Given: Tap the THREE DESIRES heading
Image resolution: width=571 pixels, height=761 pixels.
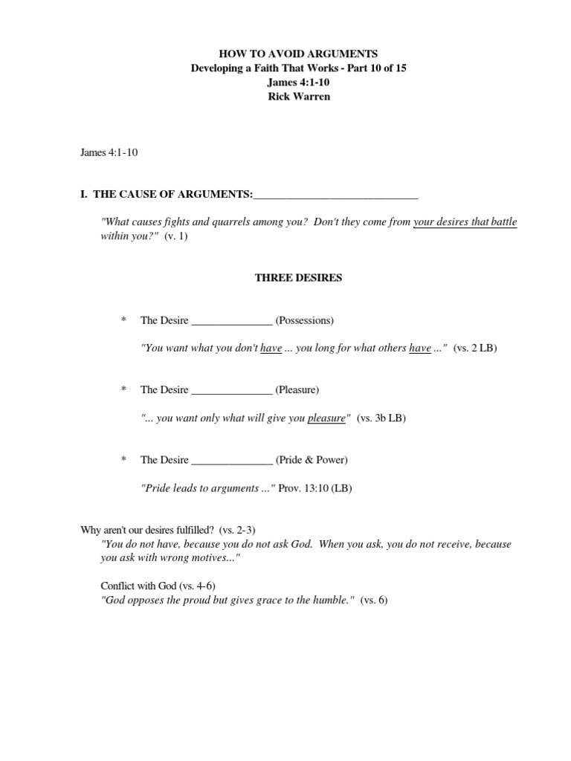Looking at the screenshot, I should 298,278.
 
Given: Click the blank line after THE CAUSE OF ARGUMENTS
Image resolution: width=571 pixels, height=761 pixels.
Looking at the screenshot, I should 335,196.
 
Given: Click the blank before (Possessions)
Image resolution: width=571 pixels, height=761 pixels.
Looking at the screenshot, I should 232,322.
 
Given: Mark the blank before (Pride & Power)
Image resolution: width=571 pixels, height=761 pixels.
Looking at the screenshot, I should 232,461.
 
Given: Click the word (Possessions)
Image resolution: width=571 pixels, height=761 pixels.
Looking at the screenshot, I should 305,320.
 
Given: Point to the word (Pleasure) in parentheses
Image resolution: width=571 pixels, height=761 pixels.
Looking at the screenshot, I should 297,389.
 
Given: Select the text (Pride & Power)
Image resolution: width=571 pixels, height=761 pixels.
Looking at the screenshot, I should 312,459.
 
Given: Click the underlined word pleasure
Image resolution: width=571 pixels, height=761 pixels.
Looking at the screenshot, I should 327,418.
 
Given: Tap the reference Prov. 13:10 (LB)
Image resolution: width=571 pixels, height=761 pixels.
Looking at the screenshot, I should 315,488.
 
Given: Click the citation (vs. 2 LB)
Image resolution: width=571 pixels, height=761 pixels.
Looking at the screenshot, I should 474,348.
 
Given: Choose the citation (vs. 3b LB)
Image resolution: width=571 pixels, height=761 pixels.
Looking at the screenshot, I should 381,418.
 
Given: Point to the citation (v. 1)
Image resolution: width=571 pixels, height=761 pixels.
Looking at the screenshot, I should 176,236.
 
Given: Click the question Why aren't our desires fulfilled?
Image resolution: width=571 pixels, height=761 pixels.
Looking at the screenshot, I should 147,529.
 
